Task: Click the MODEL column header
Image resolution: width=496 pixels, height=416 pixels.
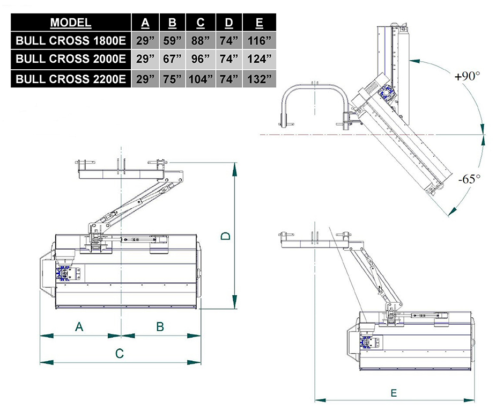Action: pos(70,23)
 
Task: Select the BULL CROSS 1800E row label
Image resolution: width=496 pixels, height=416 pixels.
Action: pos(71,41)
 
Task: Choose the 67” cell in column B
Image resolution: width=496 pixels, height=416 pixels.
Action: pos(172,60)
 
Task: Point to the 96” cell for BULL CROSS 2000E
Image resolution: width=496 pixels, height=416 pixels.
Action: pos(200,60)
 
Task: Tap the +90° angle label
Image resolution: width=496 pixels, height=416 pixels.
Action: pos(466,77)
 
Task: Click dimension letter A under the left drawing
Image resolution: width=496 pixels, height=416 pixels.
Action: pos(79,326)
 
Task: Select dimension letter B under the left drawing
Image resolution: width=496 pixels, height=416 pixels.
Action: pos(160,326)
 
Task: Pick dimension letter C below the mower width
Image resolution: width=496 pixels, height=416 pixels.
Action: pos(120,353)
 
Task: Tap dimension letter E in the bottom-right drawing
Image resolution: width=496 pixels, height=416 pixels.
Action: pos(394,392)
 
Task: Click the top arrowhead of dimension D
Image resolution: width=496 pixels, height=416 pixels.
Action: pos(234,169)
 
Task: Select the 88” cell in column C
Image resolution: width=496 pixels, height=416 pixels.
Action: pos(200,41)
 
